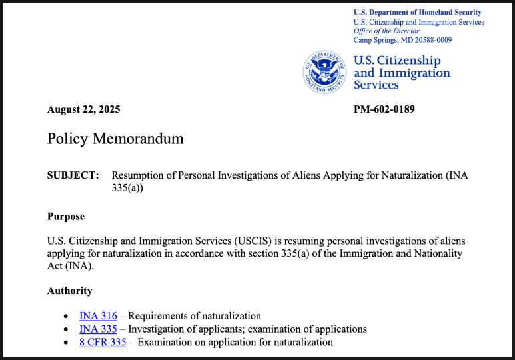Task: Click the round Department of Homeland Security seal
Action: pyautogui.click(x=324, y=72)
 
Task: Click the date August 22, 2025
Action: pyautogui.click(x=83, y=109)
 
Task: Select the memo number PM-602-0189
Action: pyautogui.click(x=384, y=109)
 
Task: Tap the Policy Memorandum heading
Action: pyautogui.click(x=115, y=139)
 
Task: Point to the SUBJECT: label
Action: pyautogui.click(x=73, y=175)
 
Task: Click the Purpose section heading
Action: pyautogui.click(x=65, y=217)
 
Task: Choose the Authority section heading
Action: pyautogui.click(x=69, y=291)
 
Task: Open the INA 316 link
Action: pyautogui.click(x=98, y=316)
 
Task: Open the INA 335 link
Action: pyautogui.click(x=98, y=329)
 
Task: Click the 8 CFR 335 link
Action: pyautogui.click(x=103, y=343)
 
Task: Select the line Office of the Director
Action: pyautogui.click(x=386, y=31)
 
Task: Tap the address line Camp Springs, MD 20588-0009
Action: pyautogui.click(x=402, y=40)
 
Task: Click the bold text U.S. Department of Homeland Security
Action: pyautogui.click(x=417, y=13)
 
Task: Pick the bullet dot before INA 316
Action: pyautogui.click(x=65, y=317)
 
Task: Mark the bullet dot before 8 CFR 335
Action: pyautogui.click(x=65, y=343)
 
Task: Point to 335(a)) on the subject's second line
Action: pyautogui.click(x=127, y=188)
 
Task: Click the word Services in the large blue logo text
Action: pyautogui.click(x=376, y=85)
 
